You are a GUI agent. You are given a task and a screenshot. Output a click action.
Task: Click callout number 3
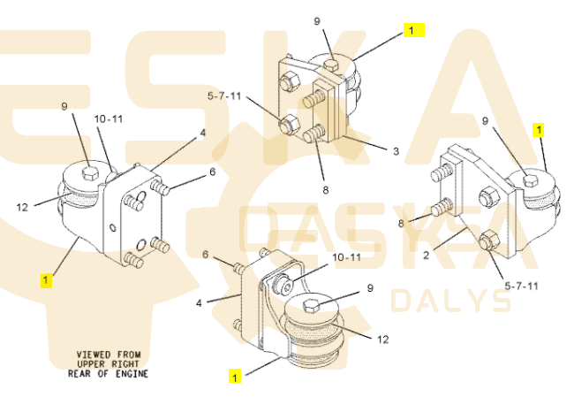pyautogui.click(x=396, y=151)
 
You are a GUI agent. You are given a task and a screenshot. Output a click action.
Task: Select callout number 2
pyautogui.click(x=426, y=255)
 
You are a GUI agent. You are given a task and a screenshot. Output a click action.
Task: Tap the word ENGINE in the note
pyautogui.click(x=132, y=374)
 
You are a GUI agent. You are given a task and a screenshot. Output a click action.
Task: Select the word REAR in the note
pyautogui.click(x=79, y=374)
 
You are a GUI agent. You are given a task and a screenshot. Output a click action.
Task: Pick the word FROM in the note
pyautogui.click(x=129, y=355)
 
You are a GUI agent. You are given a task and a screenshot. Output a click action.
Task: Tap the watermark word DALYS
pyautogui.click(x=450, y=301)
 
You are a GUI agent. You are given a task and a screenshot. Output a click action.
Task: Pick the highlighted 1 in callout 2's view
pyautogui.click(x=539, y=129)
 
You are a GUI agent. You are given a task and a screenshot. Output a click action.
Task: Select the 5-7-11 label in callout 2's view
pyautogui.click(x=521, y=286)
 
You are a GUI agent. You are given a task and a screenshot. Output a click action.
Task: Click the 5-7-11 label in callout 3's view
pyautogui.click(x=224, y=96)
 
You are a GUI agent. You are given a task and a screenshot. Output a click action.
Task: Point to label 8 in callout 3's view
pyautogui.click(x=326, y=190)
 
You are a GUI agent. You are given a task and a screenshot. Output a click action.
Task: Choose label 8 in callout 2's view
pyautogui.click(x=401, y=223)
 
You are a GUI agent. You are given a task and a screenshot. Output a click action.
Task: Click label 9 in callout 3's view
pyautogui.click(x=317, y=21)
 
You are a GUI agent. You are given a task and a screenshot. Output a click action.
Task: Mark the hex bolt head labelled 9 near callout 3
pyautogui.click(x=332, y=65)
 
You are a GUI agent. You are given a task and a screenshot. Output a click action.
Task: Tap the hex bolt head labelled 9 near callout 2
pyautogui.click(x=530, y=180)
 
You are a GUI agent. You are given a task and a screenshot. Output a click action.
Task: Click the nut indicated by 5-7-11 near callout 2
pyautogui.click(x=488, y=240)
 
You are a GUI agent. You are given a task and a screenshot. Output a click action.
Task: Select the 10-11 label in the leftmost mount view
pyautogui.click(x=109, y=119)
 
